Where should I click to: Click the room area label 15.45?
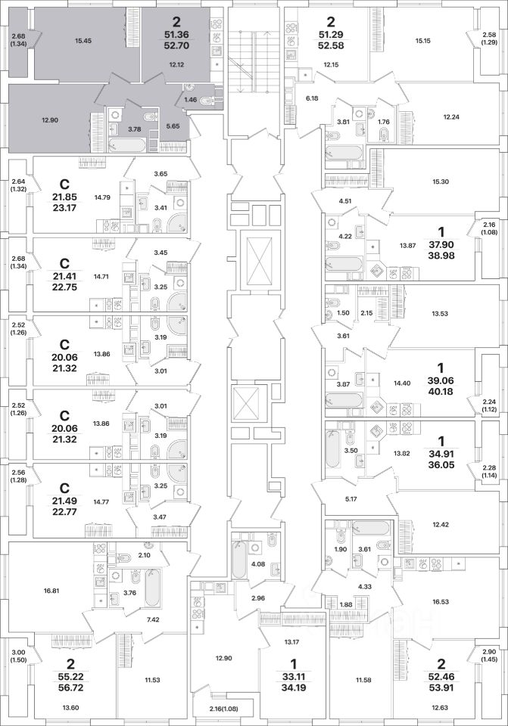point(83,41)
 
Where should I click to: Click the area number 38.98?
point(441,256)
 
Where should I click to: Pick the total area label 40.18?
point(441,391)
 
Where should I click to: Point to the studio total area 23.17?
point(64,208)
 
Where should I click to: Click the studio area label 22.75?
point(64,287)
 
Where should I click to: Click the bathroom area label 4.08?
point(257,564)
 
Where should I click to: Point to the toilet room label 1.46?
point(191,100)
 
